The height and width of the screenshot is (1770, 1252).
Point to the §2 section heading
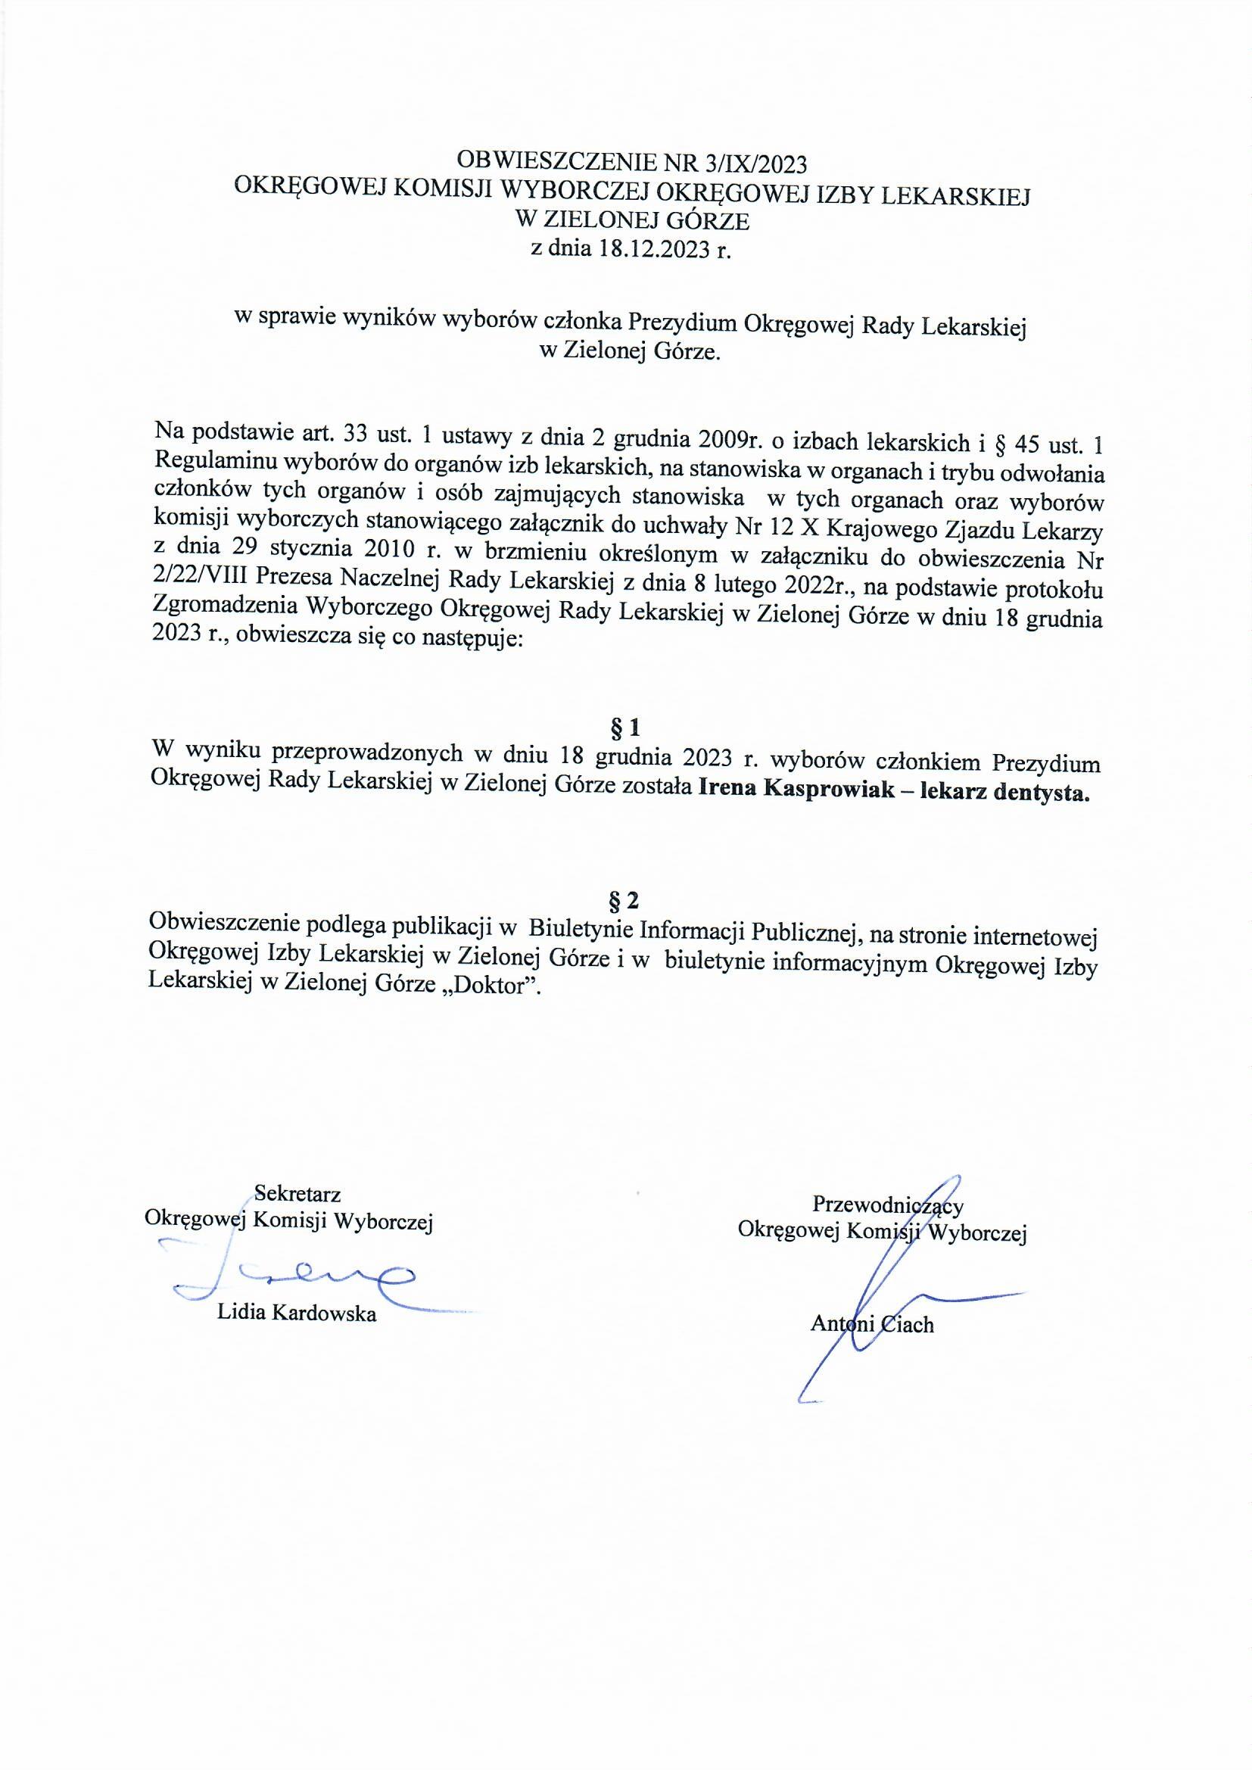pos(624,900)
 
